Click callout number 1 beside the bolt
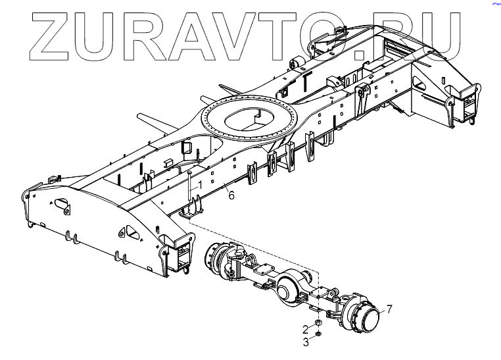(x=201, y=187)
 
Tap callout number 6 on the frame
(x=231, y=195)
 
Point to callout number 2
(x=306, y=328)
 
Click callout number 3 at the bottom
(x=306, y=342)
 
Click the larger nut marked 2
(x=318, y=324)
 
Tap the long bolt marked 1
(x=189, y=188)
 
